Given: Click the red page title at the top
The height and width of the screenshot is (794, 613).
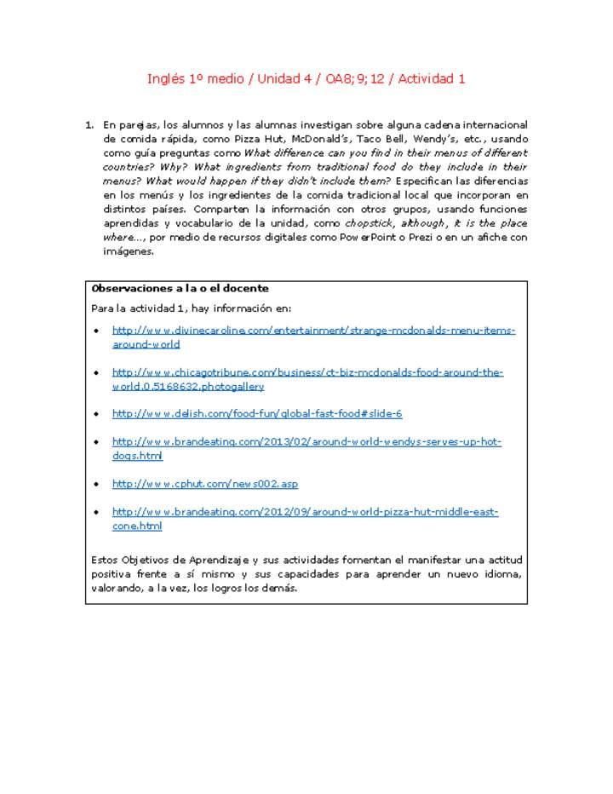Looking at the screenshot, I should (306, 78).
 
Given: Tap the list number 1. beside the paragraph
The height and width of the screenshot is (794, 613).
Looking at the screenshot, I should (89, 125).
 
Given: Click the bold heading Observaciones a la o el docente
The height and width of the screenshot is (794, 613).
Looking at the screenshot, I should (180, 288).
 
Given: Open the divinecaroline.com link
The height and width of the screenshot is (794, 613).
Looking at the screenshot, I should (313, 330).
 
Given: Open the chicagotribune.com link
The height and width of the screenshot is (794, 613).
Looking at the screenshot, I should (307, 372).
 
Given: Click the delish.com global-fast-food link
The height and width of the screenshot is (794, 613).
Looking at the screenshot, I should (257, 413).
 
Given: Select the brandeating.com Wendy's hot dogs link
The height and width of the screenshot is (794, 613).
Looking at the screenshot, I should (306, 442).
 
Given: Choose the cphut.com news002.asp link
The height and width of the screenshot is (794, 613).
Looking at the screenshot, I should (205, 484).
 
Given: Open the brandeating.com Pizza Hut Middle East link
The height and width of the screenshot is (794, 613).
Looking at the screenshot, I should (305, 512).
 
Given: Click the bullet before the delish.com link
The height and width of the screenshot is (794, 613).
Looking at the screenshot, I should (96, 414).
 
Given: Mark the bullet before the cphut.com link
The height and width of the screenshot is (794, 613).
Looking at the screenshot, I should (96, 484).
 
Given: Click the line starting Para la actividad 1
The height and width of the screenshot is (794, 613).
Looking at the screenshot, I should (191, 308).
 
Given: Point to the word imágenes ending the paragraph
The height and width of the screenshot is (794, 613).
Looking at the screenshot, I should (128, 251).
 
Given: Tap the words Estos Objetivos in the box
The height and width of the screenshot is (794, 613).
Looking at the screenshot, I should (130, 560).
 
